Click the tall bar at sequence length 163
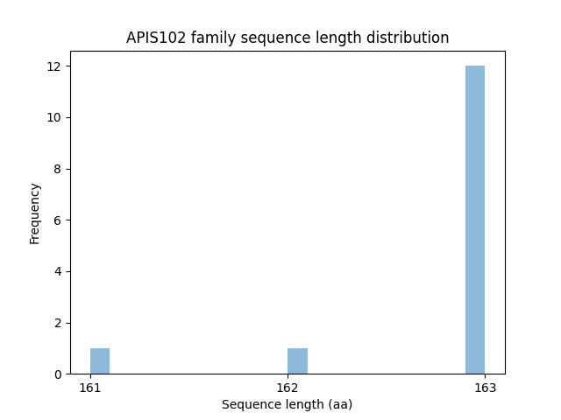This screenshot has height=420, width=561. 475,220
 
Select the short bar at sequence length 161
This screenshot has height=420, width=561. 100,361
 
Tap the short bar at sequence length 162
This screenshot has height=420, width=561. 297,361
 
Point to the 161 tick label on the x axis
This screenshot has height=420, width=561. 90,387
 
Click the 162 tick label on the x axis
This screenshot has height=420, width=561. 288,387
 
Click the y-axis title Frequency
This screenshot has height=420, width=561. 35,213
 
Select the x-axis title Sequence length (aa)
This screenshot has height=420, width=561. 287,404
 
